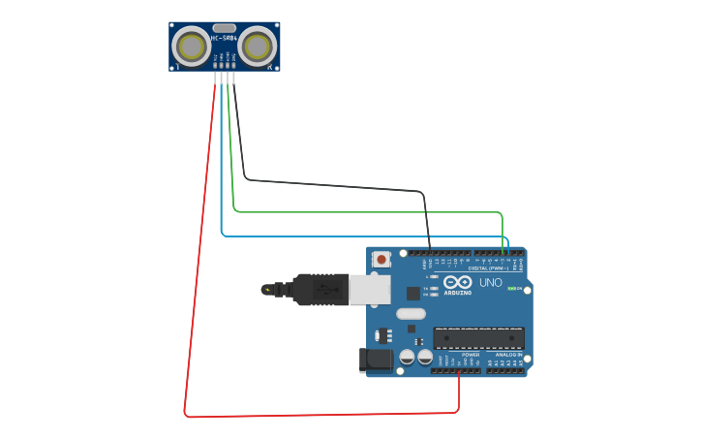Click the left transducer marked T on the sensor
click(193, 47)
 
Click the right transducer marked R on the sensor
click(257, 47)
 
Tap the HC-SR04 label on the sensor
click(225, 39)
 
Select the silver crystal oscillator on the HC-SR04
click(225, 28)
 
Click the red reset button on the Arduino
click(382, 259)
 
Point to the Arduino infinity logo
click(458, 282)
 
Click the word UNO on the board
click(491, 283)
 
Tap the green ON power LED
click(510, 289)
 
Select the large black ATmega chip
click(478, 338)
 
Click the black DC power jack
click(377, 361)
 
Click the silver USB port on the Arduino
click(370, 289)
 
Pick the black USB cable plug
click(320, 289)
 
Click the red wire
click(198, 252)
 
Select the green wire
click(368, 211)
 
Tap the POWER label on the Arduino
click(471, 355)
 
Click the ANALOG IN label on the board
click(507, 355)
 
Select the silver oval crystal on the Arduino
click(411, 313)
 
